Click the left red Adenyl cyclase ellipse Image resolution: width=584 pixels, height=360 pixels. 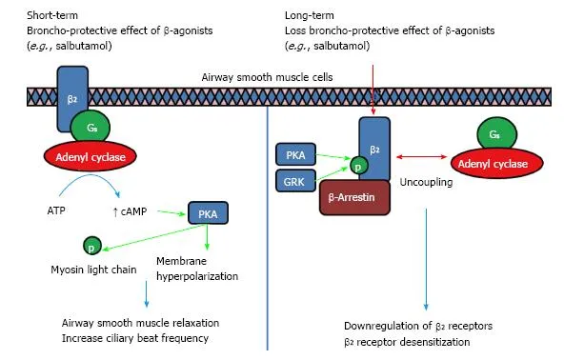click(87, 154)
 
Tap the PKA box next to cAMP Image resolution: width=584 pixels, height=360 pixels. click(209, 213)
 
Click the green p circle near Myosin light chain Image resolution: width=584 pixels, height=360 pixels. click(92, 246)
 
